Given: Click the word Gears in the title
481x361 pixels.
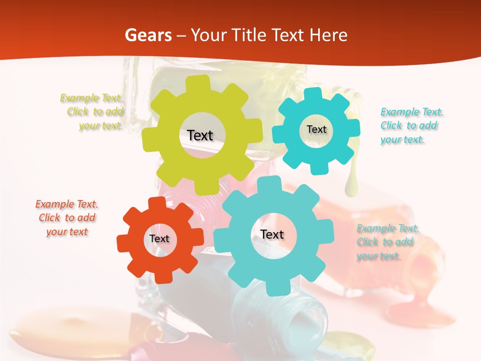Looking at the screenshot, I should pyautogui.click(x=148, y=35).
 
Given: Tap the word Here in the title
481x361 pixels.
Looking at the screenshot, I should pyautogui.click(x=329, y=35).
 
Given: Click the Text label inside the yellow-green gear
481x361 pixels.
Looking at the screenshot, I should pyautogui.click(x=200, y=135).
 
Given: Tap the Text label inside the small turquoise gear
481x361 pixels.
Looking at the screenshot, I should pyautogui.click(x=316, y=129).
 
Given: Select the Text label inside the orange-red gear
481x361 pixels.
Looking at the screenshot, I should pyautogui.click(x=159, y=239).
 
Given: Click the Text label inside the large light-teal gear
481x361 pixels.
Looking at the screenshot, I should pyautogui.click(x=272, y=234).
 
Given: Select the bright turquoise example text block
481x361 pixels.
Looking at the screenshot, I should pyautogui.click(x=411, y=126).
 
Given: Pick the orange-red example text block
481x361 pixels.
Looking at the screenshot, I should pyautogui.click(x=67, y=218).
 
